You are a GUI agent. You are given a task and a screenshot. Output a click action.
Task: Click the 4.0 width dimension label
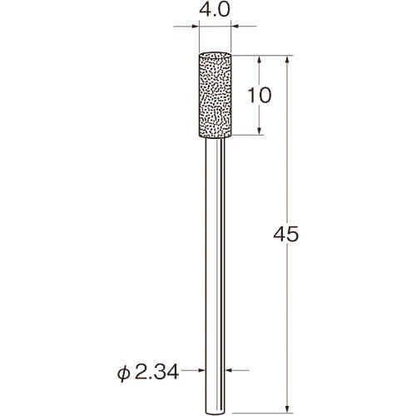click(215, 10)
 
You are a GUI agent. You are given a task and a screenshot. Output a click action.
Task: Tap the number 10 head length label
click(259, 95)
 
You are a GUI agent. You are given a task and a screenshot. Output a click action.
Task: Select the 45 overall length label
click(286, 235)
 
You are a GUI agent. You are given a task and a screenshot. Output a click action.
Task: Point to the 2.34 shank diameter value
click(156, 372)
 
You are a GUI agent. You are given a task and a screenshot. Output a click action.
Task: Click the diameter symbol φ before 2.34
click(123, 373)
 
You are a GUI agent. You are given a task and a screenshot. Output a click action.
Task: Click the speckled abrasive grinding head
click(215, 95)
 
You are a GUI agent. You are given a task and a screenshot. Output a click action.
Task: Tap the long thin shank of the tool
click(215, 276)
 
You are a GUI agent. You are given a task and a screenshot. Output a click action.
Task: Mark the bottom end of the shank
click(215, 413)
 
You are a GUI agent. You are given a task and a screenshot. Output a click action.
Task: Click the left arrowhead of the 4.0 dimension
click(196, 27)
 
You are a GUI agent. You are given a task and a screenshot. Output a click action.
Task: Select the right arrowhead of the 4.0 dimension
click(235, 27)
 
